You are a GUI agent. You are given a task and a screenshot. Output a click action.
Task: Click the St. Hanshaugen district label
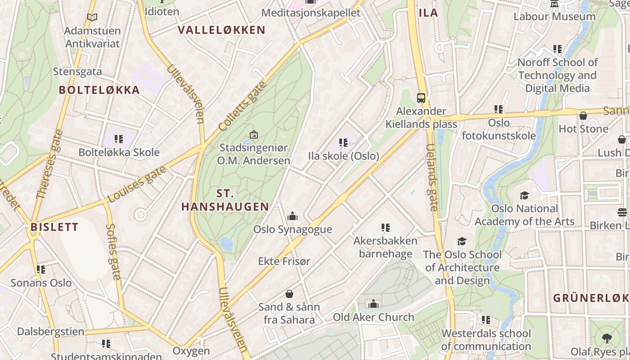(x=225, y=200)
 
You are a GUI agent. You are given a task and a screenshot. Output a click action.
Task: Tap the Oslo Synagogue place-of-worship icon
(x=292, y=216)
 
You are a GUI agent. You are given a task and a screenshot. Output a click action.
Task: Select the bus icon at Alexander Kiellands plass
(x=421, y=98)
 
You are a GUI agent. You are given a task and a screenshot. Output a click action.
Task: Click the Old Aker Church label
(x=373, y=317)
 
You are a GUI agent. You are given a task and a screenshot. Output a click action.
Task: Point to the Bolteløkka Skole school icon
(x=119, y=139)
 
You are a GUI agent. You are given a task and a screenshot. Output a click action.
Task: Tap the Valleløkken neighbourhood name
(x=221, y=30)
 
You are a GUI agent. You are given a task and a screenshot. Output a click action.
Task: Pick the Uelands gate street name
(x=432, y=178)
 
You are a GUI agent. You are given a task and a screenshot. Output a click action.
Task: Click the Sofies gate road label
(x=113, y=252)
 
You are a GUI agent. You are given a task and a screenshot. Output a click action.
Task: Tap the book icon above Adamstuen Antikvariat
(x=92, y=18)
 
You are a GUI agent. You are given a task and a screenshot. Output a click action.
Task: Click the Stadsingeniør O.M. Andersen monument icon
(x=254, y=135)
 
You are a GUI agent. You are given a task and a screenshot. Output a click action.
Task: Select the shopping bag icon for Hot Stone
(x=583, y=116)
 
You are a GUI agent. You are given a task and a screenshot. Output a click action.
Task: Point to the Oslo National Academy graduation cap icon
(x=524, y=195)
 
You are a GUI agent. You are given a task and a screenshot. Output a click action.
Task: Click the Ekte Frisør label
(x=284, y=261)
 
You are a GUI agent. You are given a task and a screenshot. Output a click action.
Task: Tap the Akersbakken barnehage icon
(x=385, y=228)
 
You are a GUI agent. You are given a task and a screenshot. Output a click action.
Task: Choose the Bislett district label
(x=54, y=227)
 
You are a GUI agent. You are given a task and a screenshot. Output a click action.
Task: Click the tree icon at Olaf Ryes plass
(x=607, y=338)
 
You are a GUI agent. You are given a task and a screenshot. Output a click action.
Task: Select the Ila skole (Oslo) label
(x=343, y=156)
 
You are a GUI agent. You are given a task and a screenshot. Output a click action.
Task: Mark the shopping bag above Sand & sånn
(x=289, y=294)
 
